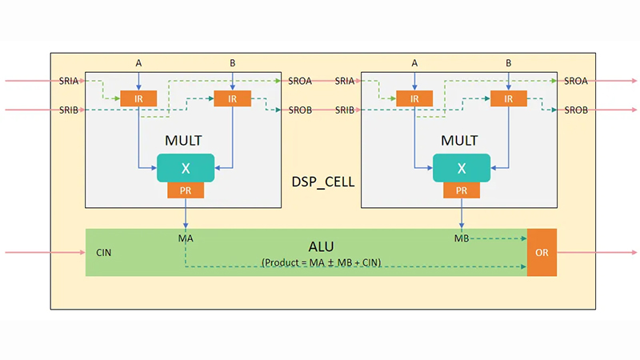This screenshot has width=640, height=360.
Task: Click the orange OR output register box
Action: (x=541, y=253)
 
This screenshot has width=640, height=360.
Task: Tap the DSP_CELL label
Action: (x=322, y=182)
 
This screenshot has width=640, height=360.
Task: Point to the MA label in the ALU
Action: (x=186, y=238)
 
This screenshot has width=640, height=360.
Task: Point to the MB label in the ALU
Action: (x=462, y=238)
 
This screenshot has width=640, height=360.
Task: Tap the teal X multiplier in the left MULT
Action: (x=186, y=168)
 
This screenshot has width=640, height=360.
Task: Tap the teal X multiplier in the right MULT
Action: (x=461, y=168)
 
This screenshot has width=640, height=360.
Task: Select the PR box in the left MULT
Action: (x=186, y=190)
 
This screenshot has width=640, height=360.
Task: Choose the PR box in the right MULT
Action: (x=461, y=190)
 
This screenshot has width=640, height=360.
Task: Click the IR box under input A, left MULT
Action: (x=138, y=98)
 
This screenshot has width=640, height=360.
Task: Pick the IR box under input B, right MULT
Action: (x=508, y=98)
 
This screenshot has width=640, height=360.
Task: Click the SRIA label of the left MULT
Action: (x=70, y=81)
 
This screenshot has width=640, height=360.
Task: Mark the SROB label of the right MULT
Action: (x=577, y=110)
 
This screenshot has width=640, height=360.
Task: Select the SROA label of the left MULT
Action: (x=301, y=81)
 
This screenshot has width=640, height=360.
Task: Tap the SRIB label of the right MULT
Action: (x=346, y=110)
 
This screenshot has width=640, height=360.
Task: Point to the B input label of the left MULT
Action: (x=232, y=62)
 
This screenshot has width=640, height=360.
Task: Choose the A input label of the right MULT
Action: (x=414, y=62)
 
